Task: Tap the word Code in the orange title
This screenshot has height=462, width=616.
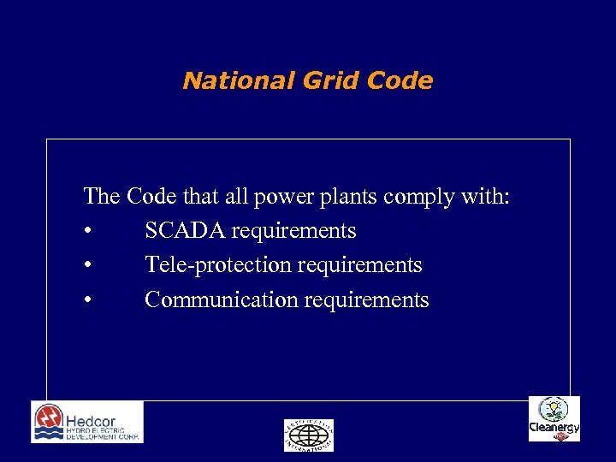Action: pos(399,81)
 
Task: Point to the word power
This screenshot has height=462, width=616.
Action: pos(285,198)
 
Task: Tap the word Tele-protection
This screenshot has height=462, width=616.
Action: pos(218,265)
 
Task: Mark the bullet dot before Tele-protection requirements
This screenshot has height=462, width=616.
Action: pos(88,266)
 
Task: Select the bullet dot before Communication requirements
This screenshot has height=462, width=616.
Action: pos(88,301)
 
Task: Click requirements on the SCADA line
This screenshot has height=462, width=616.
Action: pos(295,231)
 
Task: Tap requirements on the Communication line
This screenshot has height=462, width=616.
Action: pos(368,300)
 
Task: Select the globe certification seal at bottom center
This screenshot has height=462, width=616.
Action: pos(308,435)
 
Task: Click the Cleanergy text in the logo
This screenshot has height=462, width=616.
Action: pos(554,427)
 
